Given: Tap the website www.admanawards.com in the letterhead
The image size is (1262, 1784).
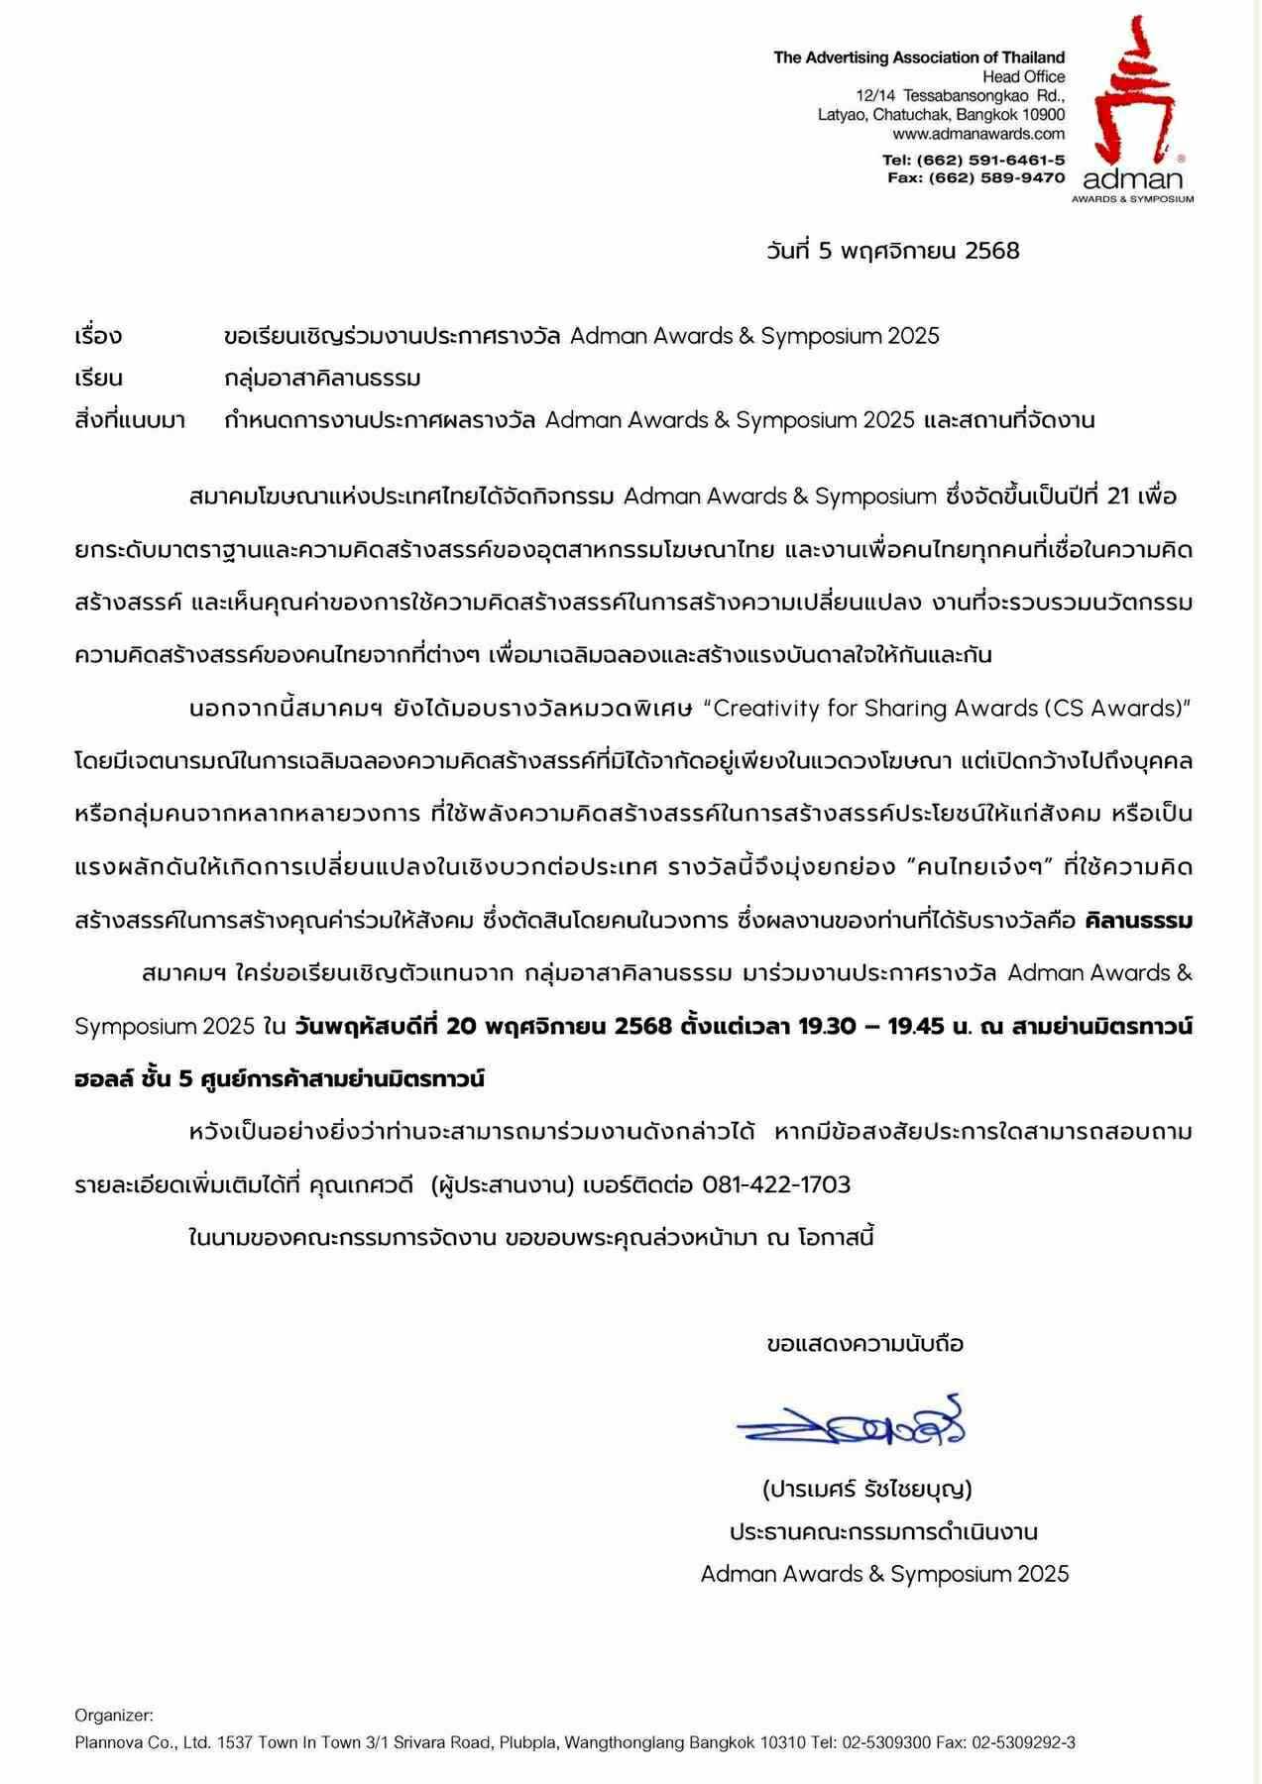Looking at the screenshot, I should click(x=977, y=134).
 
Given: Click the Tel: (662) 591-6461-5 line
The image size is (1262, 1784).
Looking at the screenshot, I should click(x=973, y=160).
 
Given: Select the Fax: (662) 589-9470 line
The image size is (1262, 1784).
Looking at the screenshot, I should click(x=975, y=177).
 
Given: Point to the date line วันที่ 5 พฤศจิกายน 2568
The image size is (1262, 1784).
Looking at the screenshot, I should click(x=892, y=251).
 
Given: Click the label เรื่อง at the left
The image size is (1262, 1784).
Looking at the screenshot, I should click(x=98, y=336).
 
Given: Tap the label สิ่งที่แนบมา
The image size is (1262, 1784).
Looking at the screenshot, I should click(x=130, y=420).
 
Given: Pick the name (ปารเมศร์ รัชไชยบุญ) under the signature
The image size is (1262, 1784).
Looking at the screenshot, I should click(x=866, y=1489).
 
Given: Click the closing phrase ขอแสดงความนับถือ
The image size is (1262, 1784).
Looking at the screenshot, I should click(x=864, y=1344).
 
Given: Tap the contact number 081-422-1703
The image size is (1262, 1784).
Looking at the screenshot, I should click(x=775, y=1184).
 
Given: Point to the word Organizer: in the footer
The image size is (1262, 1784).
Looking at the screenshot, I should click(x=114, y=1715).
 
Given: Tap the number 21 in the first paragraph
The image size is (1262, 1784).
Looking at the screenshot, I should click(x=1118, y=497).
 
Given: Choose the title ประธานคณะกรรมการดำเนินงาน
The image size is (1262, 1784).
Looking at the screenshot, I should click(x=883, y=1531).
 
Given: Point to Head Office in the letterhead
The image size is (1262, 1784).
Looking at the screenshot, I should click(x=1023, y=76).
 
